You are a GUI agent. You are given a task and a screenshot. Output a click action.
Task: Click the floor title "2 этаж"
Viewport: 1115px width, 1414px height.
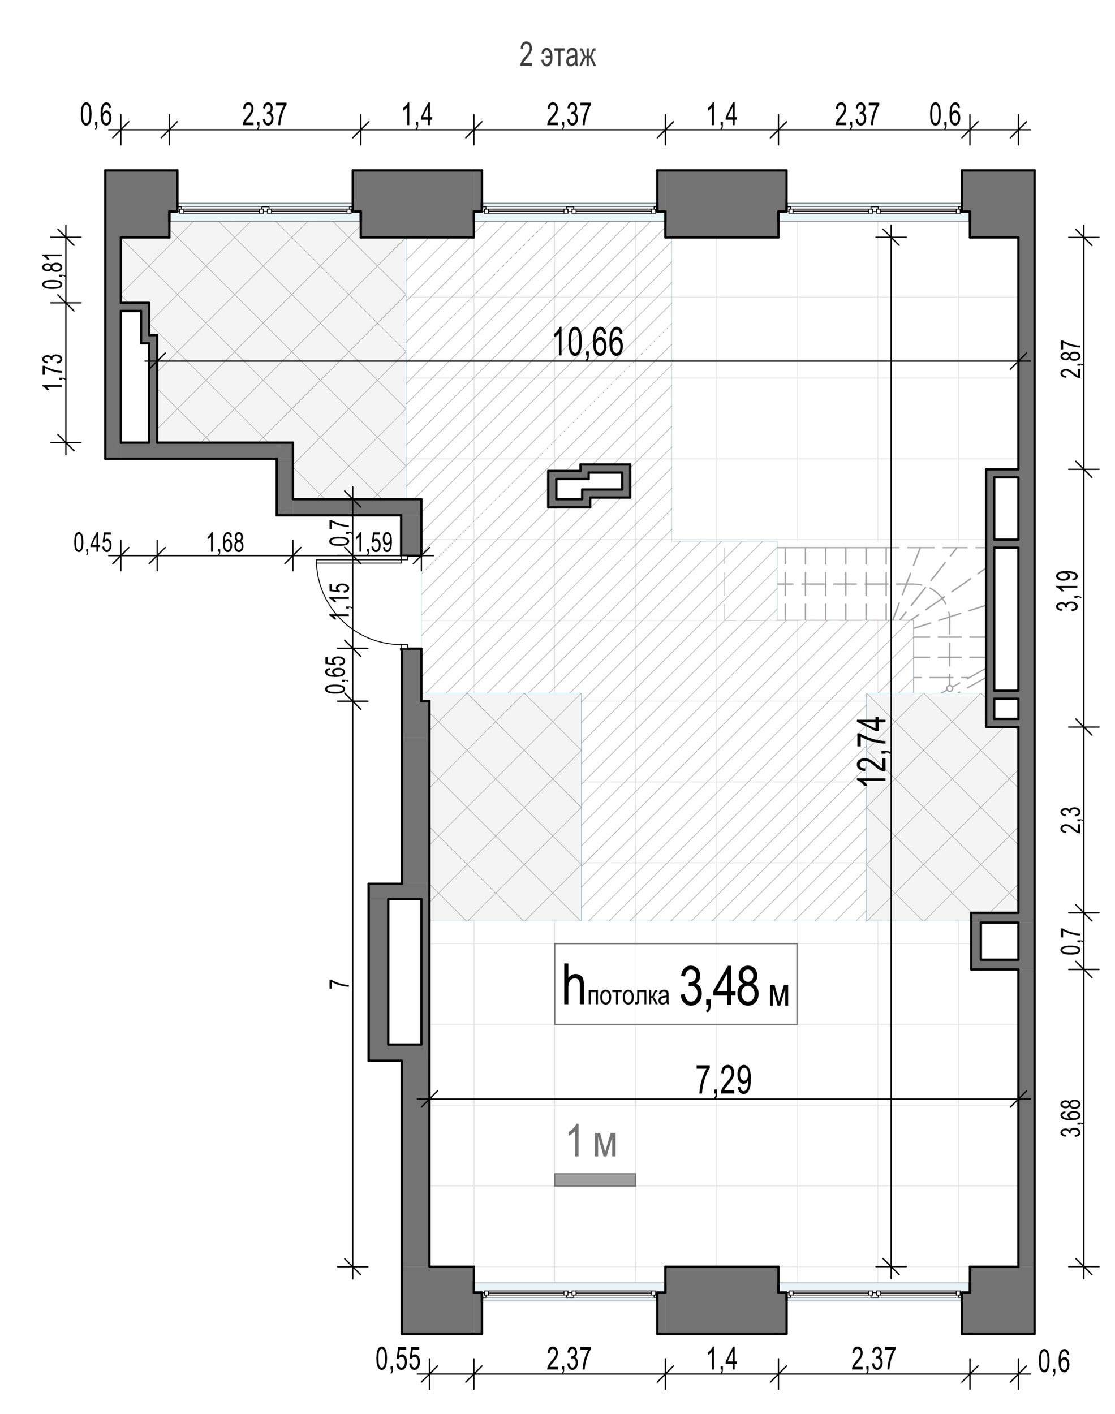coord(558,55)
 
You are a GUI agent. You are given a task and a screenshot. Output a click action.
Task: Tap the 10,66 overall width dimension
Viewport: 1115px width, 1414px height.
coord(588,343)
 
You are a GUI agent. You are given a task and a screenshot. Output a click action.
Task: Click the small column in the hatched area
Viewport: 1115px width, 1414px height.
coord(589,485)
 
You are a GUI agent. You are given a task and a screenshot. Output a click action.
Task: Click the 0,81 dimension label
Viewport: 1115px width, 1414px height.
coord(54,271)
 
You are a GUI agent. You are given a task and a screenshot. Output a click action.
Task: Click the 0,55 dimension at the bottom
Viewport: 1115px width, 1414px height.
coord(398,1360)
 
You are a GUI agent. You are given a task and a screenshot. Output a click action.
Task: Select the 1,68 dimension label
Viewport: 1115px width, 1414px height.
coord(225,542)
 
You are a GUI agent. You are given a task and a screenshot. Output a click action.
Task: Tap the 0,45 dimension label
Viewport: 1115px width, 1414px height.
coord(93,542)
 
